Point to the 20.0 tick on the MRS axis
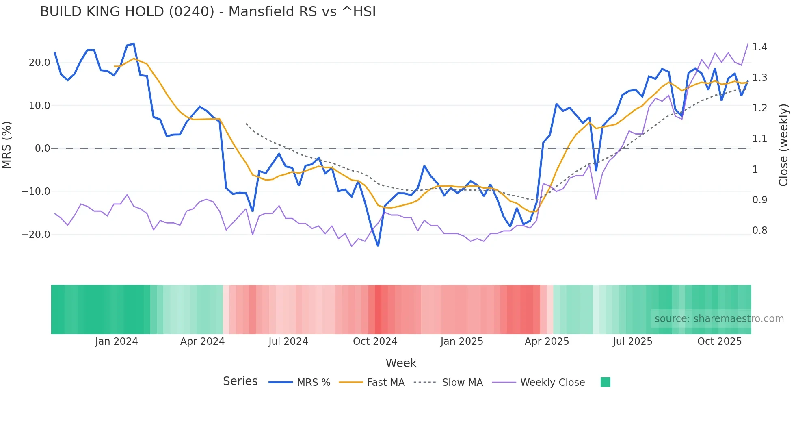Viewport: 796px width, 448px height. coord(39,63)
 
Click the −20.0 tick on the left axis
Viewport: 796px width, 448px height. coord(36,235)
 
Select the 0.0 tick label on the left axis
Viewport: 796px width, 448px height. coord(43,148)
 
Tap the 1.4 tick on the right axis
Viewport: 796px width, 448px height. coord(759,47)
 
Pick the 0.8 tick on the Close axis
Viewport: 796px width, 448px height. coord(759,231)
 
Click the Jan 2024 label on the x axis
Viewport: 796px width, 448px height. coord(117,341)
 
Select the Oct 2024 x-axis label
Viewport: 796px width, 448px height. coord(375,341)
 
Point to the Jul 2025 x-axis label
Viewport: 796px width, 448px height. coord(632,341)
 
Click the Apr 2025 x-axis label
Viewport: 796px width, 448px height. coord(547,341)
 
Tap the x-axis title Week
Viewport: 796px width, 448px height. coord(401,363)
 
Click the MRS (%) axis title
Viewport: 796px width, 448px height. coord(6,145)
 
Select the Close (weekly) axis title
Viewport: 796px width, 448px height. coord(783,145)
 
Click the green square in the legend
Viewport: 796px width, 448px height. coord(605,382)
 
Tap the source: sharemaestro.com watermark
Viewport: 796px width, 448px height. coord(719,319)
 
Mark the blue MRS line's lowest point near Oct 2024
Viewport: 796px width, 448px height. coord(378,246)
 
